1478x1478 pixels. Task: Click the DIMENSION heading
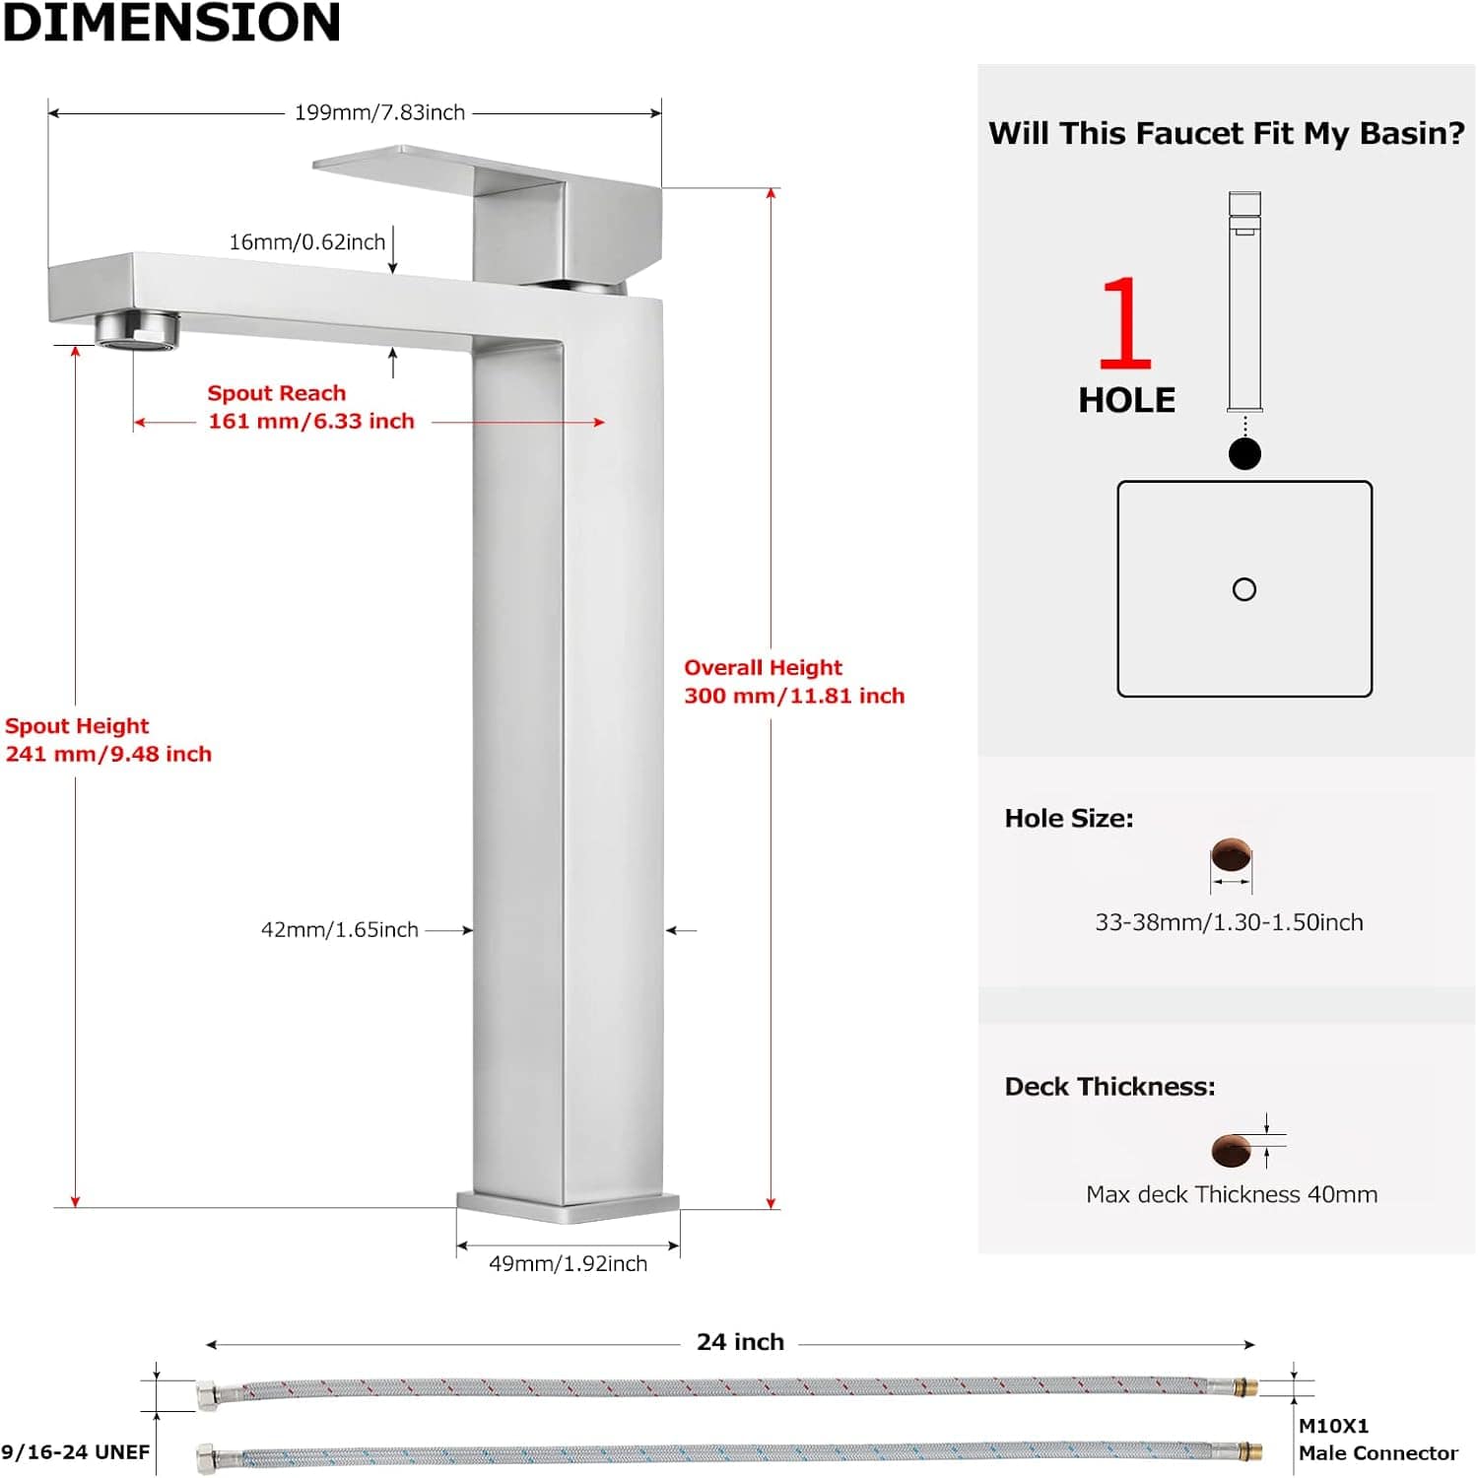point(171,23)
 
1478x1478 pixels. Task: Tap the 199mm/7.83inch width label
point(379,112)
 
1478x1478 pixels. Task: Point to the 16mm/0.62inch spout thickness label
point(307,242)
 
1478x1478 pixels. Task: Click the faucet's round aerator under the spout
point(138,328)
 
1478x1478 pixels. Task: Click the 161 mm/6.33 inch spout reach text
point(311,422)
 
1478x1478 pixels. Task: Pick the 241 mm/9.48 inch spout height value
point(108,755)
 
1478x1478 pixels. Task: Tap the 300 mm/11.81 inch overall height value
point(794,697)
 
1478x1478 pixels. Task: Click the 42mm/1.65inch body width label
point(340,930)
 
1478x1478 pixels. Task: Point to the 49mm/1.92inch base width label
point(569,1264)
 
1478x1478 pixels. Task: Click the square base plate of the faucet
point(569,1207)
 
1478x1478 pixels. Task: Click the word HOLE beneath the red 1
point(1127,401)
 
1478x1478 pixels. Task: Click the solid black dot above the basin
point(1245,454)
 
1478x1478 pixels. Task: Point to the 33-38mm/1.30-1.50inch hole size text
point(1230,923)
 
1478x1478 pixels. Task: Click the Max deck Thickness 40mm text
point(1232,1195)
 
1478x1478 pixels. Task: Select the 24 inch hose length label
point(740,1343)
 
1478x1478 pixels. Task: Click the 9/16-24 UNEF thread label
point(76,1452)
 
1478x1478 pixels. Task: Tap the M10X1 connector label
point(1334,1426)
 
